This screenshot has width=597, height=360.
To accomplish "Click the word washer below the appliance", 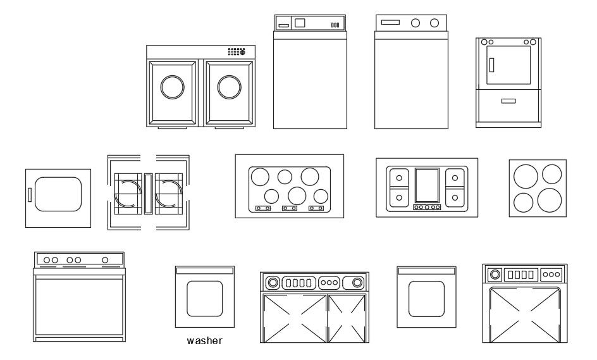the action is [205, 341].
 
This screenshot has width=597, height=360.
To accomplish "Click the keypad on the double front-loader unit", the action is [237, 51].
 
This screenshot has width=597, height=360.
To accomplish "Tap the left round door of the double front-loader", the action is [173, 87].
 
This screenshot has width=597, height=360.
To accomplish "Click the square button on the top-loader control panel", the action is [300, 23].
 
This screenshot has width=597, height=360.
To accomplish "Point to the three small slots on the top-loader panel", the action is [335, 25].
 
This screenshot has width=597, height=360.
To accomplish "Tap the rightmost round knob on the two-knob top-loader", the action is [434, 23].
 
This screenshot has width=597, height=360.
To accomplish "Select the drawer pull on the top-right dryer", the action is [508, 101].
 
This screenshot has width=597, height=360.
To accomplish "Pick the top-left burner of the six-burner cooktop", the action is [259, 176].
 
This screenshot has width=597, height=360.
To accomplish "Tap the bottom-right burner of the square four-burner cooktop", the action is [550, 200].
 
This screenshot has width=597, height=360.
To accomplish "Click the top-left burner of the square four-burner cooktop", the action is [524, 177].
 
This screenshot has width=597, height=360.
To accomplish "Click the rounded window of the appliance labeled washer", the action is [205, 298].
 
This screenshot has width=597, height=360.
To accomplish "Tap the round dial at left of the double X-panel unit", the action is [273, 282].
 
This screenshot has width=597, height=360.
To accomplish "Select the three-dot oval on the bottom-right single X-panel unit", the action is [552, 275].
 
